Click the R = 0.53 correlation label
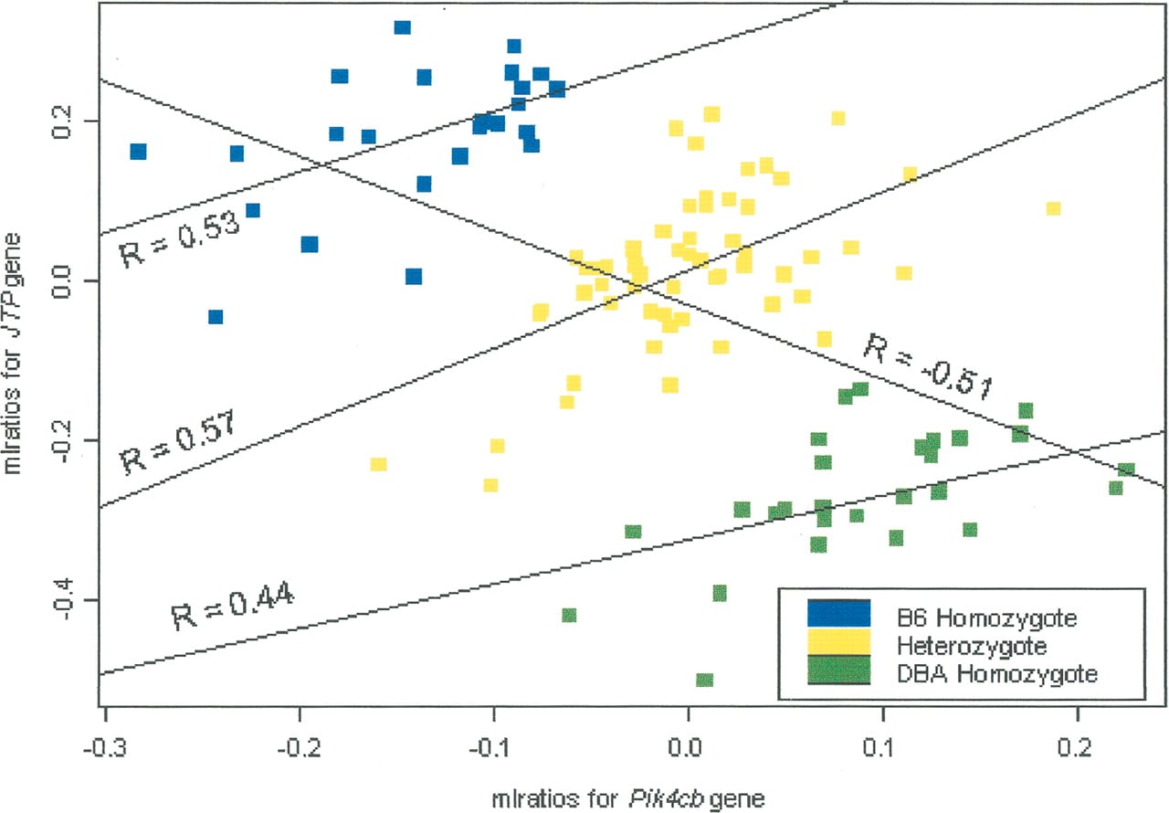[x=180, y=240]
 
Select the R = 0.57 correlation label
[x=177, y=442]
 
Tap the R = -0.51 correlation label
[x=929, y=366]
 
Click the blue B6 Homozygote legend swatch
[x=838, y=613]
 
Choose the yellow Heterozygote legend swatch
[x=838, y=641]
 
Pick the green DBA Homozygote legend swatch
[x=838, y=670]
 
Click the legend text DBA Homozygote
[x=996, y=674]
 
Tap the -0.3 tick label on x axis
[x=104, y=748]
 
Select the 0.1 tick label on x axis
[x=883, y=748]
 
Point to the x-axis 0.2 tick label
[x=1077, y=748]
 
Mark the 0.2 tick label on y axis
[x=62, y=121]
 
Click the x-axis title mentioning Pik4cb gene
[x=628, y=798]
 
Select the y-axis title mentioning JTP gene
[x=13, y=354]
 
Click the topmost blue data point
[x=403, y=27]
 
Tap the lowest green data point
[x=704, y=680]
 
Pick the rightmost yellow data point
[x=1053, y=208]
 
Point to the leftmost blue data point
[x=138, y=152]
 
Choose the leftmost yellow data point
[x=378, y=464]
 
